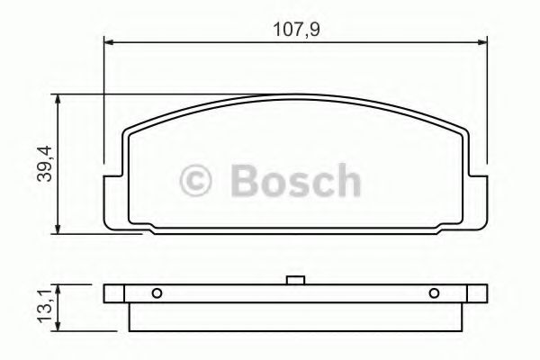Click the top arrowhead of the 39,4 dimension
pos(59,97)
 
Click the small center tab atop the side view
pos(294,281)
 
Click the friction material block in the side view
pos(296,315)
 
